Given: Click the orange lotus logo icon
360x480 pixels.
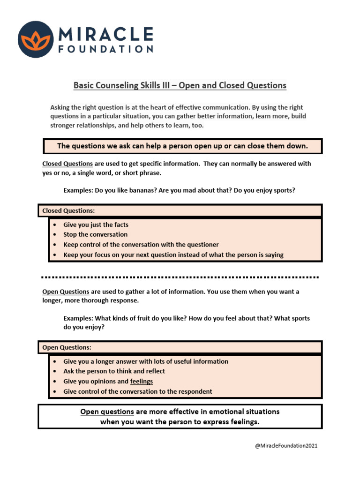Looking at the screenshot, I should point(36,39).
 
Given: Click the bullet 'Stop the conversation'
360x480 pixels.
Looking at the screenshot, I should point(95,234).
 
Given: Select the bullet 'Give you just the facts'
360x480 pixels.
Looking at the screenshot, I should point(96,225).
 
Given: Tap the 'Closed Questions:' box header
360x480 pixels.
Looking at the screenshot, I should point(68,211).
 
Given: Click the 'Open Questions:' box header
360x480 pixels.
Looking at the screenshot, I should point(67,347).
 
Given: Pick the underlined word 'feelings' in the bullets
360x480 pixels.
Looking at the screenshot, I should point(142,381).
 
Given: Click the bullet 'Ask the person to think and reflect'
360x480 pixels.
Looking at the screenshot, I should point(114,371).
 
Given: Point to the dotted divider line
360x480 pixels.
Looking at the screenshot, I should point(180,277).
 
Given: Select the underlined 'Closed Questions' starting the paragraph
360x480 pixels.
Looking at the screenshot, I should point(67,164).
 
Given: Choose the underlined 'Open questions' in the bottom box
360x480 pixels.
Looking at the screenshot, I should point(107,412).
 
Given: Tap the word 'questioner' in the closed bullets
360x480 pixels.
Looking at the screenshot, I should point(201,245).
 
